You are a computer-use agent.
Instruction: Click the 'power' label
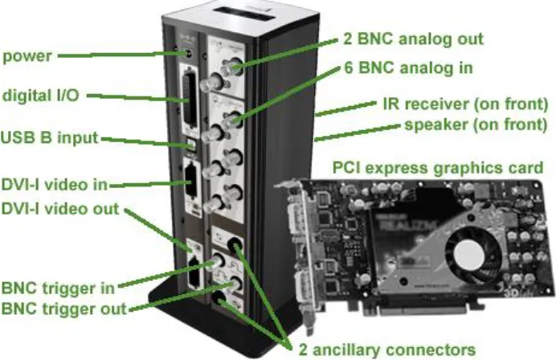27,57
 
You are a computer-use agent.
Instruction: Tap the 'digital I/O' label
40,96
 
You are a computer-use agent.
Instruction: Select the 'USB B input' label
49,138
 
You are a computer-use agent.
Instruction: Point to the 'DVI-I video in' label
55,185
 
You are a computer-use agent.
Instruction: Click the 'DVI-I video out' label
60,209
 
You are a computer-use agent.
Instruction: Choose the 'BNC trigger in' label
58,288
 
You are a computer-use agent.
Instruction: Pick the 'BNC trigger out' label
63,309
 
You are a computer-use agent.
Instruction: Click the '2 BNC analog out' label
413,39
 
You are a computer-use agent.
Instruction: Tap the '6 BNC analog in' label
408,67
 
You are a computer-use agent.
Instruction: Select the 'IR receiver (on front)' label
465,104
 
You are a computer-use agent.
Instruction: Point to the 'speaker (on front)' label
476,125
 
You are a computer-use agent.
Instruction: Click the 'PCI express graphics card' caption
438,168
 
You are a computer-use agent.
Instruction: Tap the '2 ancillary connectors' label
386,350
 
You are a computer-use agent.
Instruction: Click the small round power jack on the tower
188,55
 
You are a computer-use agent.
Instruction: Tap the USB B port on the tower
191,145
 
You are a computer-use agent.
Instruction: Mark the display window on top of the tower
244,14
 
